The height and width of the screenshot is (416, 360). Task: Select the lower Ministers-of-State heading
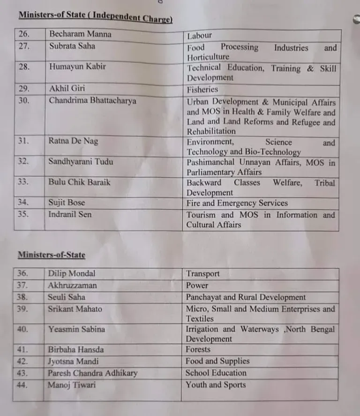click(x=52, y=255)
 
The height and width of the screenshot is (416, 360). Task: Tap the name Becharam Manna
click(x=80, y=34)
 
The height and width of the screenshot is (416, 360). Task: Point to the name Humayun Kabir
click(x=77, y=66)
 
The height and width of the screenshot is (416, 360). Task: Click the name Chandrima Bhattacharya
click(x=92, y=100)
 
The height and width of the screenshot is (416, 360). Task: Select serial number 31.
click(x=23, y=141)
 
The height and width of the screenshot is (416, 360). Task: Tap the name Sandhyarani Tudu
click(x=80, y=161)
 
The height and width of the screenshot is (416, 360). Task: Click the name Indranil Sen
click(x=70, y=214)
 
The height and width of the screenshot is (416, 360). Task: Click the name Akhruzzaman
click(x=72, y=285)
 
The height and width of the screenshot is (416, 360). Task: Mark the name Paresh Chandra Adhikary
click(x=92, y=373)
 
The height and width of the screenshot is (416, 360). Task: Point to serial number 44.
click(x=22, y=385)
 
